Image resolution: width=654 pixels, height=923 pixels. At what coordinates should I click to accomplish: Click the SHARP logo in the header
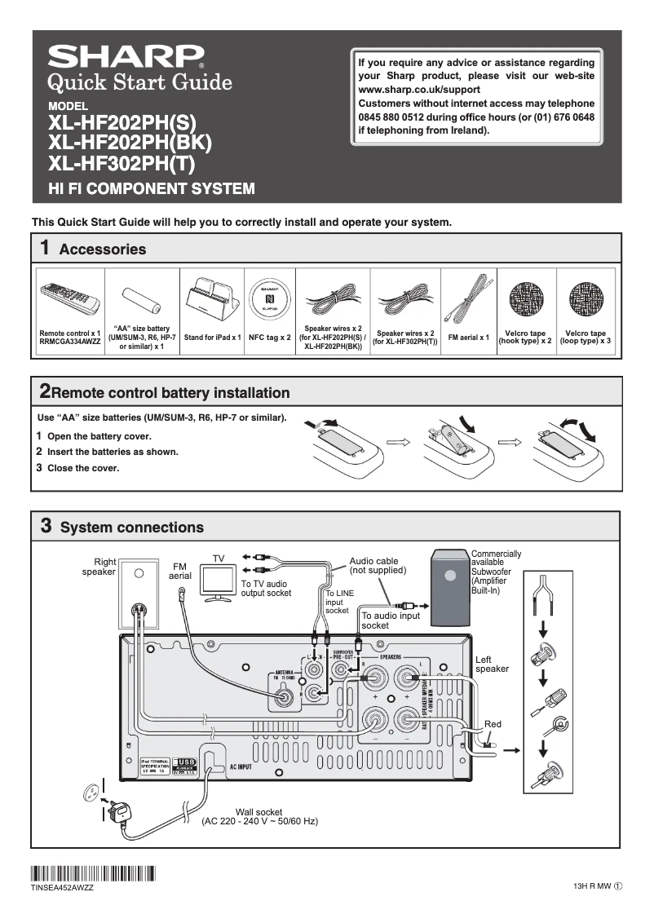click(x=126, y=56)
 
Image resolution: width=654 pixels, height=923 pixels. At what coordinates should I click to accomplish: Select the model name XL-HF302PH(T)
click(x=122, y=163)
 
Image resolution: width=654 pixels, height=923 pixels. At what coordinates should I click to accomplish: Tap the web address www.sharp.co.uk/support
click(x=412, y=90)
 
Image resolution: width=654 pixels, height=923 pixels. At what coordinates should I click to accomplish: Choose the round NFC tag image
click(x=269, y=299)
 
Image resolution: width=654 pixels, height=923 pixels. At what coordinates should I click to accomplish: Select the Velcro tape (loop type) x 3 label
click(x=586, y=337)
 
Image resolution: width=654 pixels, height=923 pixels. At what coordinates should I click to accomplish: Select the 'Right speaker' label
click(x=99, y=567)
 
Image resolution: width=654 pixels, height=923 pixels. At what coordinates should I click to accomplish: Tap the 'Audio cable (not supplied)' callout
click(x=376, y=565)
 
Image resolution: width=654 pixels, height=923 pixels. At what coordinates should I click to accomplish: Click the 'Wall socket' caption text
click(x=259, y=812)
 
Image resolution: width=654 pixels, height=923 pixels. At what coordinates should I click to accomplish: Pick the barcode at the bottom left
click(x=93, y=872)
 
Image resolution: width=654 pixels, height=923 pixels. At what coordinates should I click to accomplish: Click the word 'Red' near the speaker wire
click(x=493, y=724)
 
